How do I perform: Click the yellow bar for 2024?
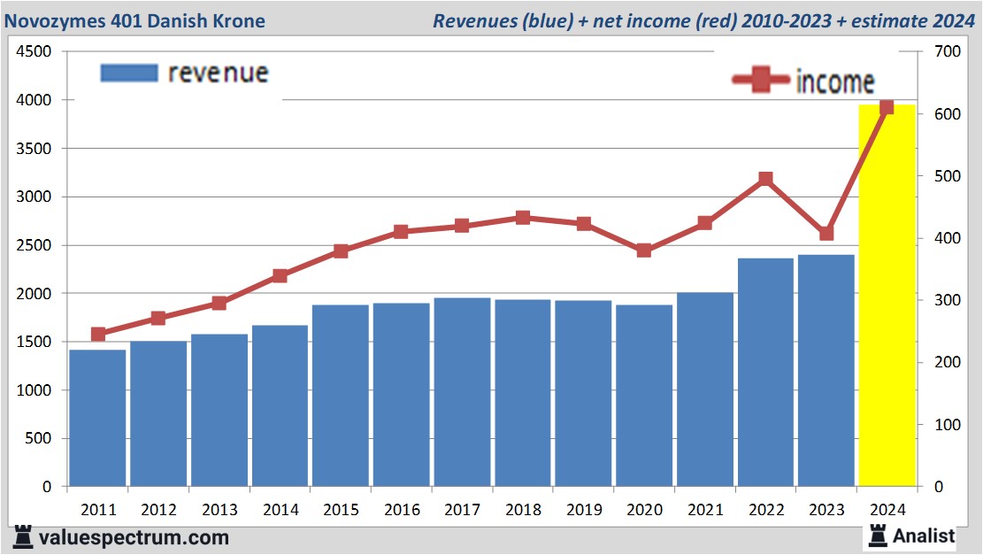(887, 297)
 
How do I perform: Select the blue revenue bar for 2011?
(97, 418)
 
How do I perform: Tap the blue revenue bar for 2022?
(765, 372)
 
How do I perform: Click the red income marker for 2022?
(765, 180)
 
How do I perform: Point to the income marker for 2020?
(644, 251)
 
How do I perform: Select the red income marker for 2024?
(887, 108)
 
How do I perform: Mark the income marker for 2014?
(280, 275)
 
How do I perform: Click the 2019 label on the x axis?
(584, 510)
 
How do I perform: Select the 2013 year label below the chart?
(219, 510)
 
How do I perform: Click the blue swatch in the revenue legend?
(129, 73)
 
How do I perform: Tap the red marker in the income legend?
(761, 81)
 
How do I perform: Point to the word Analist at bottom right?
(924, 536)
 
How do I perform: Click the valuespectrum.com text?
(134, 537)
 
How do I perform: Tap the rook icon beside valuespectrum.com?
(23, 536)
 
